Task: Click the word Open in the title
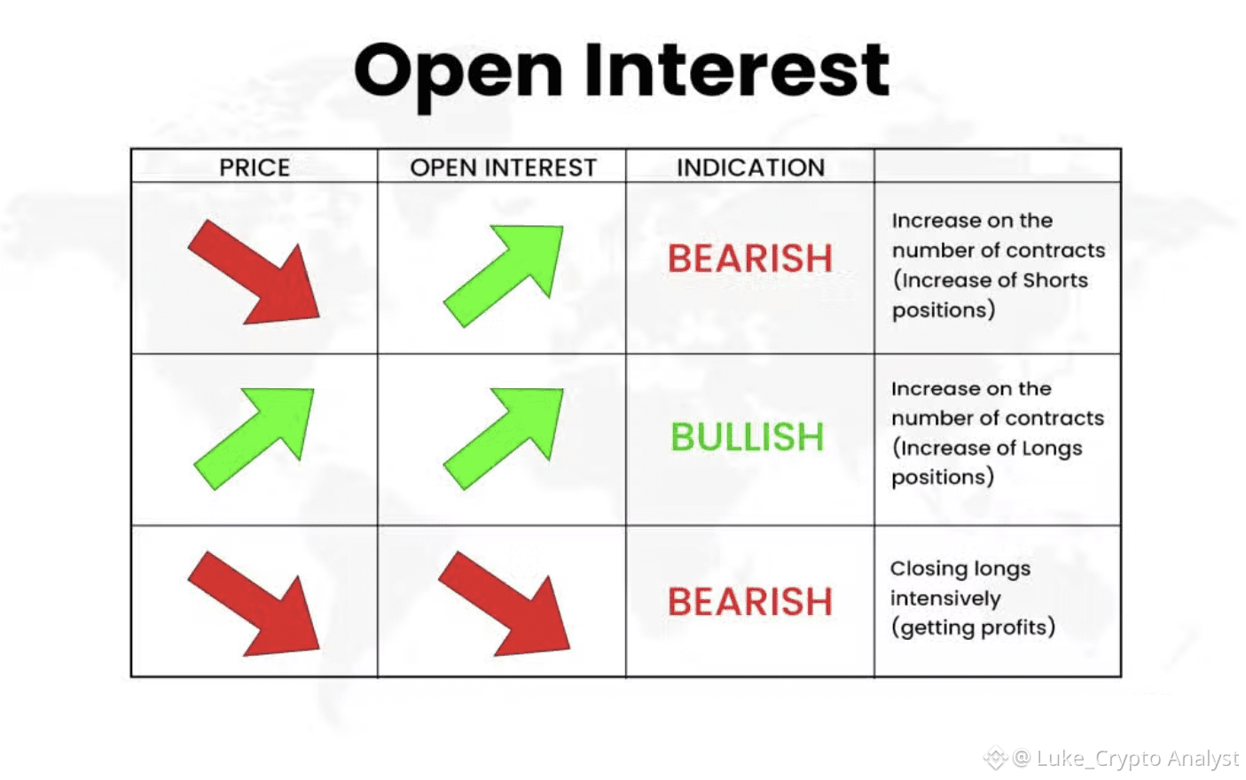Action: point(458,75)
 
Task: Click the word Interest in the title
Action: point(737,70)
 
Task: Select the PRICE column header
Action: point(255,168)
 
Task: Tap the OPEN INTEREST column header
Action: point(503,168)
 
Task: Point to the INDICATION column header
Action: point(750,168)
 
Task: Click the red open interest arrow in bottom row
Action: point(504,604)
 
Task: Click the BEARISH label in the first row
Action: point(750,259)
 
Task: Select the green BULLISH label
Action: point(747,436)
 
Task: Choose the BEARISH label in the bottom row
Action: point(750,602)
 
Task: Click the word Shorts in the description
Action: point(1054,279)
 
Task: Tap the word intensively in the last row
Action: point(945,598)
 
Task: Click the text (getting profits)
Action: point(973,628)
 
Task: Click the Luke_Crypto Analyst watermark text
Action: point(1137,759)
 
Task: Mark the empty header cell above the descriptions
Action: point(998,166)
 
